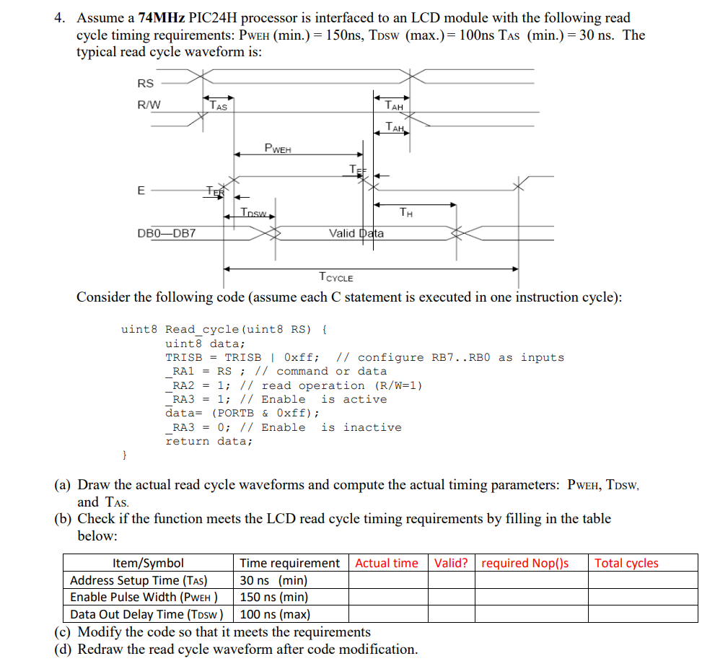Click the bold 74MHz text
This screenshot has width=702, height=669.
pyautogui.click(x=161, y=18)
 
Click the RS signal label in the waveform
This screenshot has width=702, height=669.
pyautogui.click(x=145, y=84)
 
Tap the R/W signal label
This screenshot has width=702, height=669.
pyautogui.click(x=149, y=105)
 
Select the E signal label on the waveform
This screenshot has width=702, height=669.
pyautogui.click(x=141, y=191)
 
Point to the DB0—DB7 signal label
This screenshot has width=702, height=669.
pyautogui.click(x=166, y=233)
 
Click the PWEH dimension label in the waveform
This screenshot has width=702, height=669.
pyautogui.click(x=278, y=149)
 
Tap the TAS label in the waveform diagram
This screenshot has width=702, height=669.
pyautogui.click(x=219, y=105)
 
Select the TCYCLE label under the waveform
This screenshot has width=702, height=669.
pyautogui.click(x=335, y=276)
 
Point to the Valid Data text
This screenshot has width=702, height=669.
pyautogui.click(x=356, y=233)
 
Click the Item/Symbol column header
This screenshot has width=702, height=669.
pyautogui.click(x=149, y=563)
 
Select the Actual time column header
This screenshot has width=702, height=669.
pyautogui.click(x=387, y=563)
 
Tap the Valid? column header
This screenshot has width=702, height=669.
pyautogui.click(x=451, y=563)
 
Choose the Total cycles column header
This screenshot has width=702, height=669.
pyautogui.click(x=626, y=563)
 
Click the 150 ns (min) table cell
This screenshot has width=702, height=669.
pyautogui.click(x=274, y=597)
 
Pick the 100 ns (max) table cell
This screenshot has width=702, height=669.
pyautogui.click(x=275, y=614)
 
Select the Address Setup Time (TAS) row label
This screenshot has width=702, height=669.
pyautogui.click(x=139, y=580)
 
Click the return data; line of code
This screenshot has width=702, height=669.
pyautogui.click(x=209, y=441)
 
